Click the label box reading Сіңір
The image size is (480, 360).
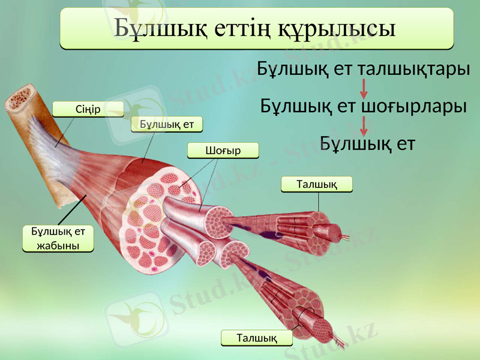[x=88, y=109]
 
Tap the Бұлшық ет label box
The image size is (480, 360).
[x=167, y=124]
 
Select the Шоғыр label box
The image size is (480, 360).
[x=223, y=150]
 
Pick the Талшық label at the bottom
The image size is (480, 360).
[x=257, y=338]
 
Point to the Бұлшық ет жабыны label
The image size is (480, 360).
[x=58, y=238]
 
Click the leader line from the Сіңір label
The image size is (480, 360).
[x=66, y=131]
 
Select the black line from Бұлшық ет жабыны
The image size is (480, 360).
[x=74, y=210]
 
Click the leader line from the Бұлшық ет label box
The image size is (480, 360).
[x=151, y=147]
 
